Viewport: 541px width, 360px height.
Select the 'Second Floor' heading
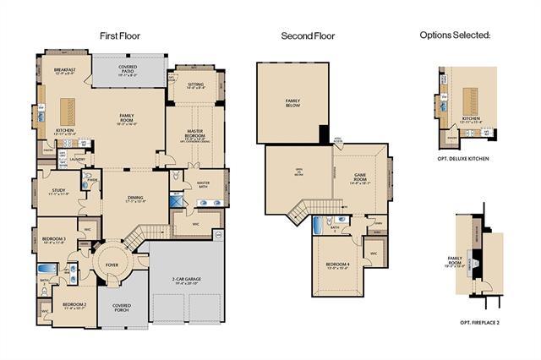(308, 36)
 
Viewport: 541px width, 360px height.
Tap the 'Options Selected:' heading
(455, 35)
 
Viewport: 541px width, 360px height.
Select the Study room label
(57, 192)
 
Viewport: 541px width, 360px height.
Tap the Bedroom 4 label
(338, 267)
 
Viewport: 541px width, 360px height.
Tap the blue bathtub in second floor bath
(317, 225)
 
